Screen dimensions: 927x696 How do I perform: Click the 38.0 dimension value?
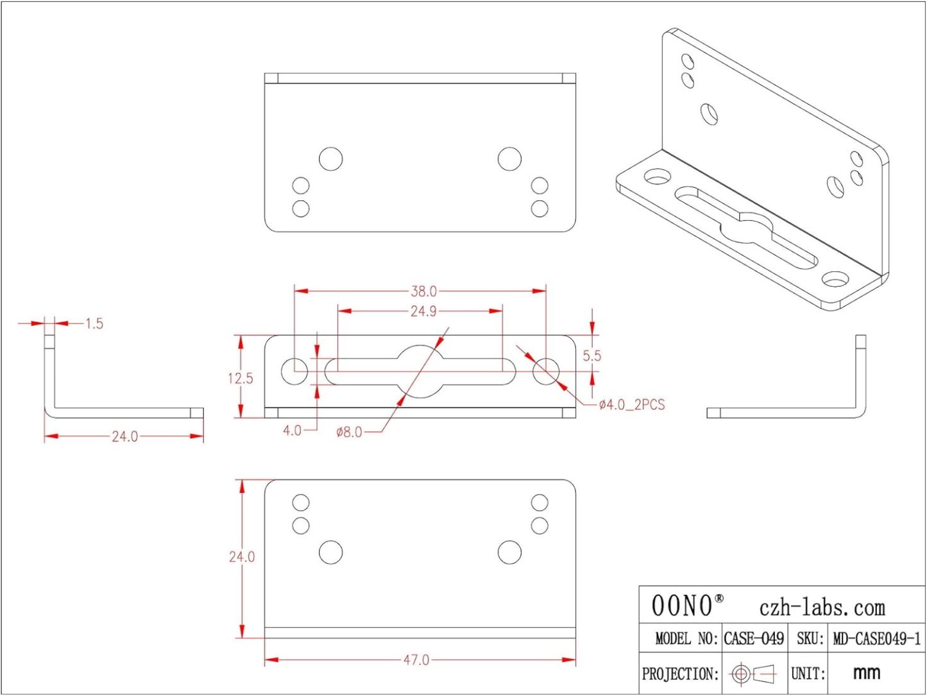point(423,291)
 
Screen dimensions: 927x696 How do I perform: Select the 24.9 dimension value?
point(423,311)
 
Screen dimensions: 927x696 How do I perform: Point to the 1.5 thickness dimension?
point(94,324)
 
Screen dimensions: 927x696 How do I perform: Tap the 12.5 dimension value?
point(241,378)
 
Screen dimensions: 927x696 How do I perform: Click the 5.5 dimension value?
point(591,356)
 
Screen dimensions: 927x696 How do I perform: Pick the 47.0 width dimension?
point(416,660)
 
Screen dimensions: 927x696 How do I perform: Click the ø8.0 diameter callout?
point(349,432)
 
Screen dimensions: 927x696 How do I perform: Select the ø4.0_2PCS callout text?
point(632,405)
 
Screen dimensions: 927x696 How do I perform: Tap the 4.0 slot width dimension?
point(293,431)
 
